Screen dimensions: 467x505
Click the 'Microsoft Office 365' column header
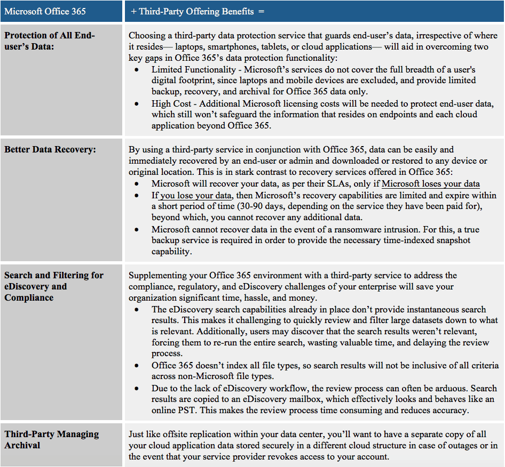coord(45,11)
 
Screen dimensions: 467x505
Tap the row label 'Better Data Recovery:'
coord(50,149)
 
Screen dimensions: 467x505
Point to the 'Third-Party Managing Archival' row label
coord(51,439)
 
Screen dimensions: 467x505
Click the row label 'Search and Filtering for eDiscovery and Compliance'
coord(53,286)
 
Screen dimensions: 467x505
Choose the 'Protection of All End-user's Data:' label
coord(49,41)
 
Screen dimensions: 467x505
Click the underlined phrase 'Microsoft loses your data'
coord(431,184)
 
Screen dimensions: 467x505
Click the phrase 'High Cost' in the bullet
coord(171,103)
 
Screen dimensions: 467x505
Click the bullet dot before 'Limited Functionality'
coord(139,70)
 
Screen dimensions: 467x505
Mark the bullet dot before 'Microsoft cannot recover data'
coord(139,229)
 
